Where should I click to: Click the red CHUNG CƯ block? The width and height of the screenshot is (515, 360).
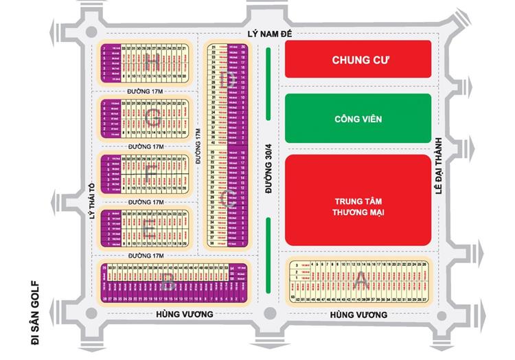pyautogui.click(x=358, y=60)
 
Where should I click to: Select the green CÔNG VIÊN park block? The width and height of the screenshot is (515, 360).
pyautogui.click(x=358, y=119)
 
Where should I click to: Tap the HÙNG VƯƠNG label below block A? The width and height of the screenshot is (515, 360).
pyautogui.click(x=358, y=315)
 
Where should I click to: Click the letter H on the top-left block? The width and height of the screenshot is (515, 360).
pyautogui.click(x=152, y=61)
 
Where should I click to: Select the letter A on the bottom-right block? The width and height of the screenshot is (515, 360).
pyautogui.click(x=361, y=280)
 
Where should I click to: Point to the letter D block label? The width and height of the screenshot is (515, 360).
pyautogui.click(x=230, y=80)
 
